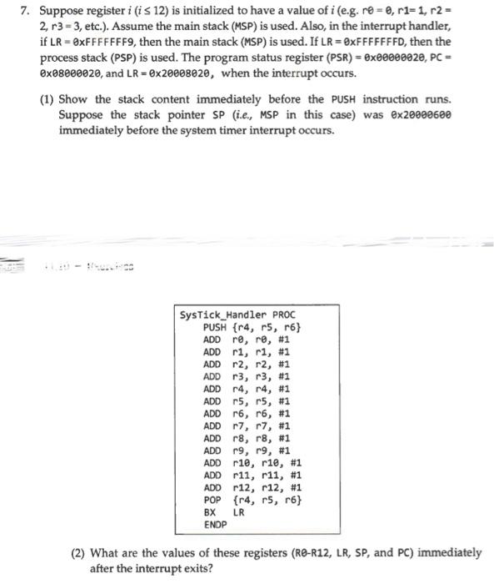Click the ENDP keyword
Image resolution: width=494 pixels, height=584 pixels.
[x=215, y=525]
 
